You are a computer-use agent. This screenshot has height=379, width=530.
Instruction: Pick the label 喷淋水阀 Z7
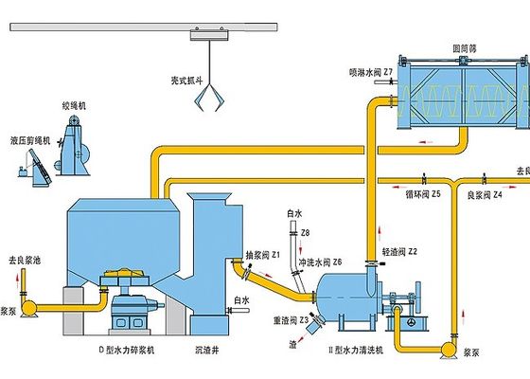coord(369,71)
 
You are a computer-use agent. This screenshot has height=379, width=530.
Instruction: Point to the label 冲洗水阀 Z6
coord(320,262)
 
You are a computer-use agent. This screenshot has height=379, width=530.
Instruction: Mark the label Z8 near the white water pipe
coord(304,232)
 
